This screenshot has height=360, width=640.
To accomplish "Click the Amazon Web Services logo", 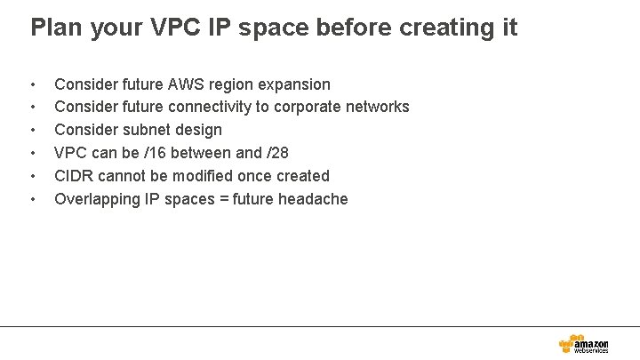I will pos(583,343).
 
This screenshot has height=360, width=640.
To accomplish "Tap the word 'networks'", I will pos(380,107).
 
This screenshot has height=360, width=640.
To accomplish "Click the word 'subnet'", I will pos(146,130).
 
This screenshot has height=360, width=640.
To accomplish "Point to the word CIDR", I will pos(73,176).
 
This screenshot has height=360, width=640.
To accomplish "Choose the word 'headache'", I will pos(313,199).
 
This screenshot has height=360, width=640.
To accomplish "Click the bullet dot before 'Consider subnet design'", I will pos(33,131).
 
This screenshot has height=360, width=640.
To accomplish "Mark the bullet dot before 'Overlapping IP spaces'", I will pos(33,200).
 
